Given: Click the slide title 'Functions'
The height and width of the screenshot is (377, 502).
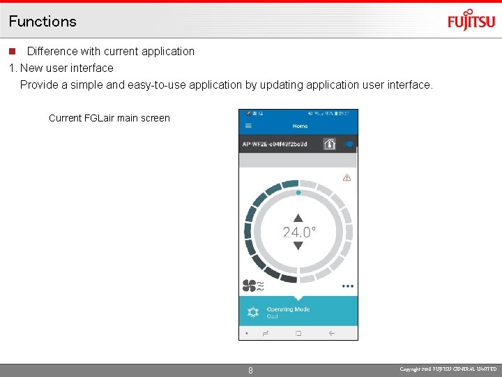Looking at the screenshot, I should [43, 21].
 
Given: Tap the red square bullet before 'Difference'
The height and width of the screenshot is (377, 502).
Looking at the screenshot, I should [12, 52].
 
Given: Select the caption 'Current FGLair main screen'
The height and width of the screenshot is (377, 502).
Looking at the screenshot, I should [109, 118].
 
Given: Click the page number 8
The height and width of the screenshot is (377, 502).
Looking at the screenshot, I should [251, 371].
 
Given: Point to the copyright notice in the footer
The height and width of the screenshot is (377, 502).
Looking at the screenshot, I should [448, 369].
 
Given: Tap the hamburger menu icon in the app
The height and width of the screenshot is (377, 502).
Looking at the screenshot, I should [248, 126].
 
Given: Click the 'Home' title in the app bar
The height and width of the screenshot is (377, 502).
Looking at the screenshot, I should [300, 126].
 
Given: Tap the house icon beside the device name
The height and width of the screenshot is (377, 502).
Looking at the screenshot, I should [330, 144].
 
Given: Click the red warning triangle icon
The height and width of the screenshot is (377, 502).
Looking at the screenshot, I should [347, 178].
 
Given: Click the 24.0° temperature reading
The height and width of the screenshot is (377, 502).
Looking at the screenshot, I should [299, 232].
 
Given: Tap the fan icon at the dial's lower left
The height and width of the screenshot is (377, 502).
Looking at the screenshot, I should [250, 285].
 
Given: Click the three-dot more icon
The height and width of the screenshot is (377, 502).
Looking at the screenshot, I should [347, 286].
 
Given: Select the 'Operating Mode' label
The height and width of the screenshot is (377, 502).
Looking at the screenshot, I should [288, 309].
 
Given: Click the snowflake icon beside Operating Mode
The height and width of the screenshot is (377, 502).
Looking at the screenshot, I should [253, 313].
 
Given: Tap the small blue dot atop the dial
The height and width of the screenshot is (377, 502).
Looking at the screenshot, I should [298, 192].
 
